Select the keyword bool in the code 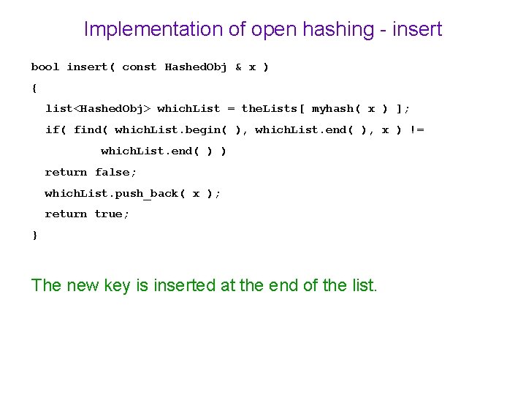[x=45, y=67]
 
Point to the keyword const [x=139, y=67]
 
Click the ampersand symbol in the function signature [x=238, y=67]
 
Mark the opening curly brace [x=34, y=88]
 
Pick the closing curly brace [x=34, y=235]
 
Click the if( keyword [x=56, y=130]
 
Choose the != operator [x=417, y=130]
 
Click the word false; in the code [x=116, y=172]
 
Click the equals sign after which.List [x=231, y=109]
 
